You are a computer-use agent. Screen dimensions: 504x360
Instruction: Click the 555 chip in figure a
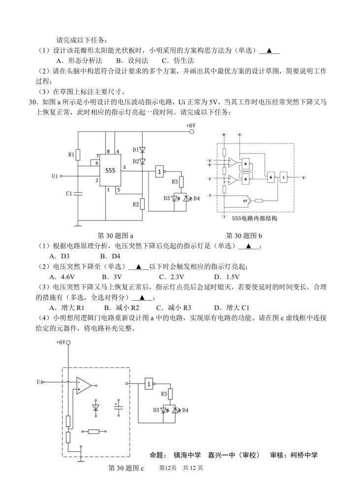click(x=111, y=169)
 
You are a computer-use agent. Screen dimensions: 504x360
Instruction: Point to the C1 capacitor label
click(x=69, y=193)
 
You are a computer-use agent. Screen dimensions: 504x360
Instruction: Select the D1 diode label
click(x=136, y=150)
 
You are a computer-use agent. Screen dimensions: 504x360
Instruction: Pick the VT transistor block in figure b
click(x=245, y=200)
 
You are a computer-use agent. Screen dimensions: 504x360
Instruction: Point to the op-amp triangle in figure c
click(x=84, y=386)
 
